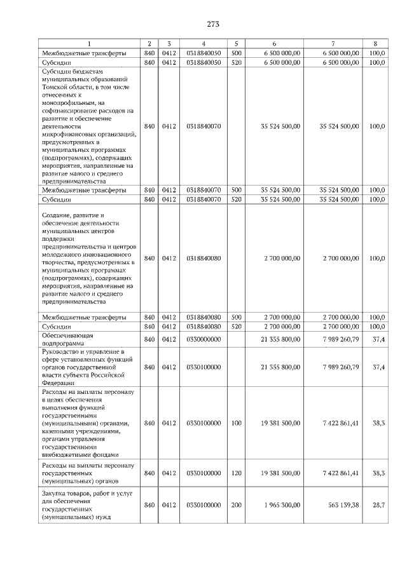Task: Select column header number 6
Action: click(273, 43)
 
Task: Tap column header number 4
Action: click(203, 43)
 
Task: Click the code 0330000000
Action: click(203, 339)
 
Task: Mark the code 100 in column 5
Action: click(237, 423)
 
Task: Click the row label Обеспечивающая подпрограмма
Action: click(68, 339)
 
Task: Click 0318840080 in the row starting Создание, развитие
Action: click(203, 258)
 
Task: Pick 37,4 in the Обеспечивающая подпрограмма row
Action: click(378, 339)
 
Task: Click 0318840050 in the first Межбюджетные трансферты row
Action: click(203, 53)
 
